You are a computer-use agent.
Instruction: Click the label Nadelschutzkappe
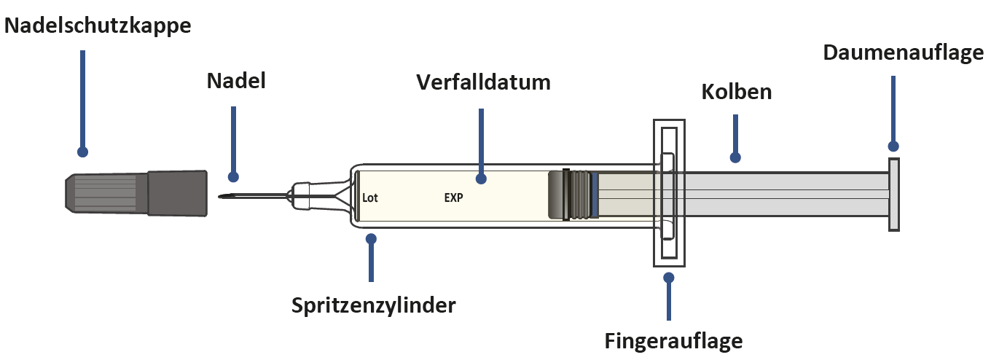(x=98, y=27)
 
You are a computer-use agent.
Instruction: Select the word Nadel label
(x=235, y=81)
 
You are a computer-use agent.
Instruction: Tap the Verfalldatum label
(x=483, y=82)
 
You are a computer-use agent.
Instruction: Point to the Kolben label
(x=736, y=93)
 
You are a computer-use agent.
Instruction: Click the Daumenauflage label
(x=903, y=53)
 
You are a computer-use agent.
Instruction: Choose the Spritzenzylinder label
(x=373, y=305)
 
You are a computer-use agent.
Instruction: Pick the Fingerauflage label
(x=673, y=340)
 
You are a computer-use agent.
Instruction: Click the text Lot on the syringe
(x=370, y=197)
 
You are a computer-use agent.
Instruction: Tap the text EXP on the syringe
(x=454, y=197)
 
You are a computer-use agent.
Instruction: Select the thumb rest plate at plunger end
(x=893, y=195)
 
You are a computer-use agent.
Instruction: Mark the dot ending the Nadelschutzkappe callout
(x=82, y=152)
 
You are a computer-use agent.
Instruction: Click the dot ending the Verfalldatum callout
(x=481, y=177)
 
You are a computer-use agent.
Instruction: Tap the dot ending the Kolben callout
(x=735, y=157)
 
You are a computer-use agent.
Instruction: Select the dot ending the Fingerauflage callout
(x=669, y=277)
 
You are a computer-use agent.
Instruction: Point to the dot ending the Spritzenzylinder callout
(x=372, y=238)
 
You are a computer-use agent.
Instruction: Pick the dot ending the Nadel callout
(x=233, y=176)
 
